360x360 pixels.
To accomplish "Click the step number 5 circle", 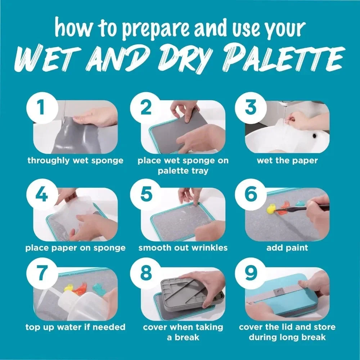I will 146,195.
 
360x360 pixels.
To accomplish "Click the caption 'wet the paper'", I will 287,161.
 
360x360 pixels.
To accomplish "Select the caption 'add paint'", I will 287,248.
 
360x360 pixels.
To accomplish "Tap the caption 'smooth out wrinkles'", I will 183,248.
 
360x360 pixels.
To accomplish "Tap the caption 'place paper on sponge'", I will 76,248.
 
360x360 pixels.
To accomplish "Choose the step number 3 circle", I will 249,107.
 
